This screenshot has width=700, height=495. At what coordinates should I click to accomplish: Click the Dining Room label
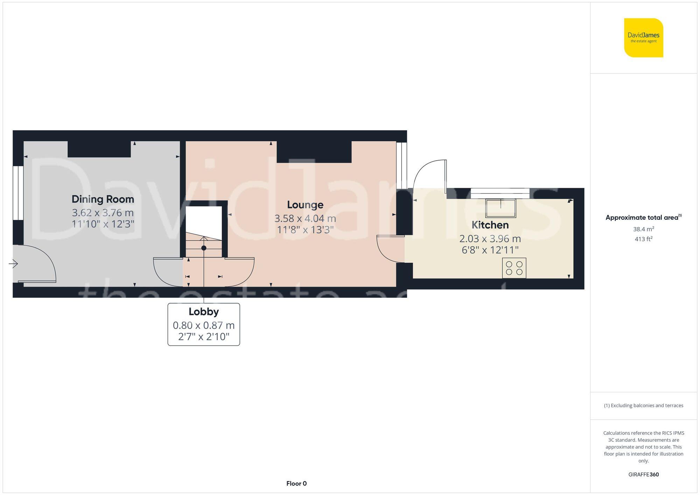click(x=103, y=199)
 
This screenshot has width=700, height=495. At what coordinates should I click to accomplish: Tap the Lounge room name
click(x=305, y=205)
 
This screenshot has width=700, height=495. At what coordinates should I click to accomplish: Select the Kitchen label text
click(x=490, y=225)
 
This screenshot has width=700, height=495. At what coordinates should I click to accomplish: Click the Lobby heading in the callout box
click(x=204, y=311)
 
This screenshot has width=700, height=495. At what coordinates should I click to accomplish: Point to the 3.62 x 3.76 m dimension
click(x=103, y=212)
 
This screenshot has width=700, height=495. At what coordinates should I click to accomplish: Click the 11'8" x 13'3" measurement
click(x=305, y=230)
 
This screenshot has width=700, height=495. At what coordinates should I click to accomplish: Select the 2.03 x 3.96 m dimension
click(x=490, y=239)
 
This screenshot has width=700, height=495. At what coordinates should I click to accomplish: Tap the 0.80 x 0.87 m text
click(x=204, y=325)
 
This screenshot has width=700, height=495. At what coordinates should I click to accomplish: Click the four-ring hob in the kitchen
click(x=514, y=268)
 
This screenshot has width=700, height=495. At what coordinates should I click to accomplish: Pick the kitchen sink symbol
click(x=500, y=208)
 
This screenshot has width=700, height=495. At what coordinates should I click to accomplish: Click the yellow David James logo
click(x=643, y=38)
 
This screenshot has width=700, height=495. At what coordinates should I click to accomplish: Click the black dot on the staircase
click(x=204, y=248)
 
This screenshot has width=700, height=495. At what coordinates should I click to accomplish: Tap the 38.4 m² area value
click(x=643, y=229)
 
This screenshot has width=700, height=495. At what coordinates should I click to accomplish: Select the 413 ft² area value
click(x=643, y=239)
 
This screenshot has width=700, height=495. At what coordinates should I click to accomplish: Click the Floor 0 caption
click(x=296, y=483)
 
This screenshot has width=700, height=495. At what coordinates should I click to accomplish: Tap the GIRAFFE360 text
click(x=643, y=474)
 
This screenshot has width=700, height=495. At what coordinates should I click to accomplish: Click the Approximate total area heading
click(x=643, y=217)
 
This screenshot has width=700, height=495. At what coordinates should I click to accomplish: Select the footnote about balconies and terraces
click(x=643, y=405)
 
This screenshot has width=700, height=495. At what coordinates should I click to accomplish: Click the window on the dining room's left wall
click(x=18, y=193)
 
